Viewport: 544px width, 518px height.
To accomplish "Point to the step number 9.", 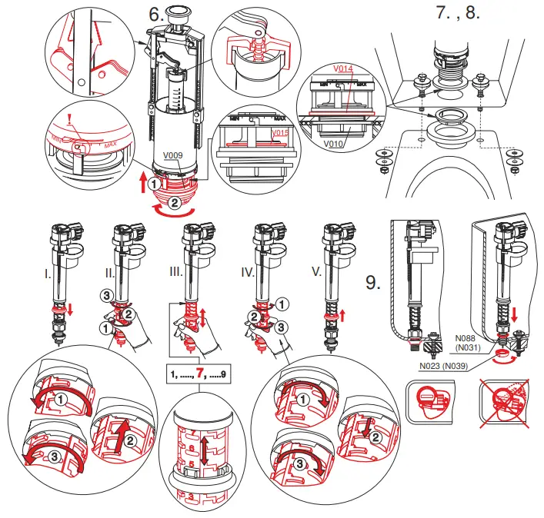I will [x=374, y=283].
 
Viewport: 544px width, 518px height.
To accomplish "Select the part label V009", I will [x=172, y=154].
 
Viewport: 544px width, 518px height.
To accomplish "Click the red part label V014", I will [x=343, y=68].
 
